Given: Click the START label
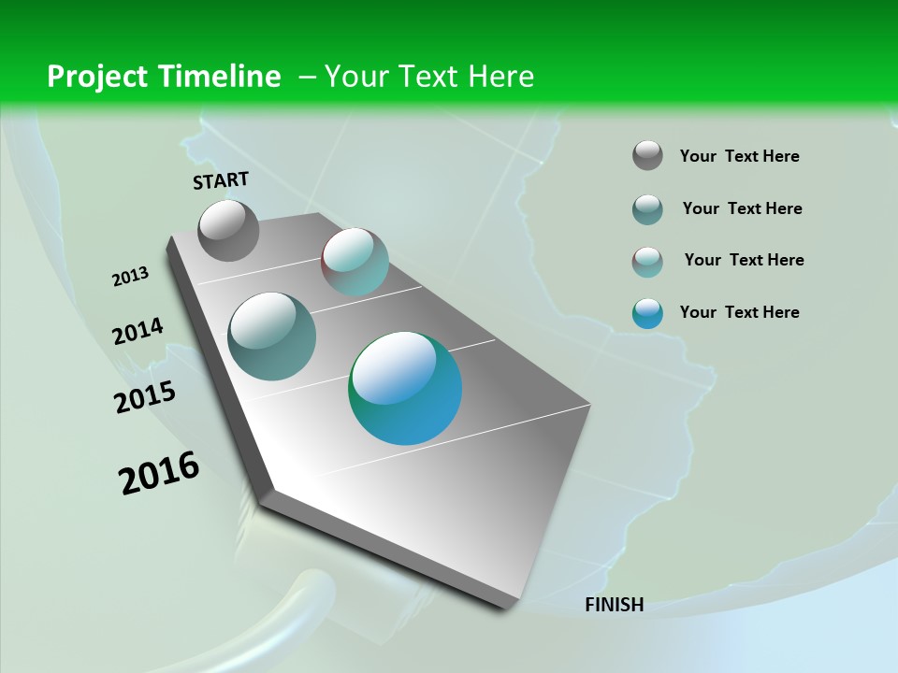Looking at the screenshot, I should (x=221, y=180).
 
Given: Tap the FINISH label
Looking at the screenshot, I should (x=614, y=605).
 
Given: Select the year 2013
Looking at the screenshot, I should (x=130, y=277).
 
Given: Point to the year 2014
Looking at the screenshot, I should (x=138, y=331).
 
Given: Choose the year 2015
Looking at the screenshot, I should (x=144, y=397).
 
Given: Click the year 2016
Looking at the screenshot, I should (x=159, y=473).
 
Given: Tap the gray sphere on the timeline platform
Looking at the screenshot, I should (x=229, y=230).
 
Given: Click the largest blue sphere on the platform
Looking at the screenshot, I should (x=405, y=388).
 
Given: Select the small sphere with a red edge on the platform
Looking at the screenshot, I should (x=355, y=262).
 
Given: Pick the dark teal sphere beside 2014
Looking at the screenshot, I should (x=272, y=336).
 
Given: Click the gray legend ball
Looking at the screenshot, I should (x=647, y=155).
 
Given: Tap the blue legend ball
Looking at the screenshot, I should (x=647, y=313).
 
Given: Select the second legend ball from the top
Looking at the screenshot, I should (x=647, y=209).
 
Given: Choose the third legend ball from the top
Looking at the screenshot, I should (x=647, y=262).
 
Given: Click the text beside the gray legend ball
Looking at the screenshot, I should (x=739, y=156).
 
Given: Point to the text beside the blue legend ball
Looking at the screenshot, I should (x=739, y=312).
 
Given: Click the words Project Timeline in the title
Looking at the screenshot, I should (x=164, y=77).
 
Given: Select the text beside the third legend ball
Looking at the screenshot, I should (x=744, y=260).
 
